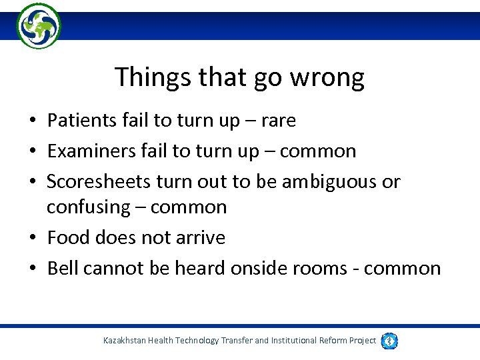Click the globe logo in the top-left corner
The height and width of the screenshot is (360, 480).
(39, 26)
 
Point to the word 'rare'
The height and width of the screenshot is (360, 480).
(277, 121)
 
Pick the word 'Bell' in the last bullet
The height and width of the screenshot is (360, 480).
(62, 268)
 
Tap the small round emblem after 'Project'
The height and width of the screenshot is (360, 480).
(390, 341)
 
